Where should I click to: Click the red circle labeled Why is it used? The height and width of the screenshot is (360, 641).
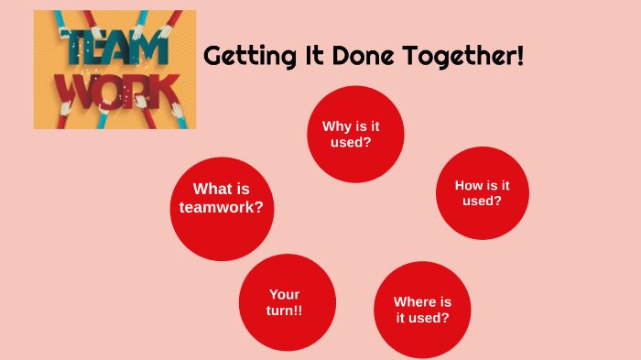(355, 134)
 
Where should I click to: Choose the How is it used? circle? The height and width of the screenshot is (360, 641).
(482, 192)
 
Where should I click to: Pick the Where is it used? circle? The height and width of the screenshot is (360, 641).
(422, 310)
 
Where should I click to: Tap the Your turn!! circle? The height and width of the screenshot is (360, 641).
(287, 302)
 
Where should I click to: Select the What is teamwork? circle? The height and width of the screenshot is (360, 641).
(222, 208)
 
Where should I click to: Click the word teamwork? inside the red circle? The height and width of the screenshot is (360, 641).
(222, 207)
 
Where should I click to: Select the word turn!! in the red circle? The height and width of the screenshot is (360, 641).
(286, 311)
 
